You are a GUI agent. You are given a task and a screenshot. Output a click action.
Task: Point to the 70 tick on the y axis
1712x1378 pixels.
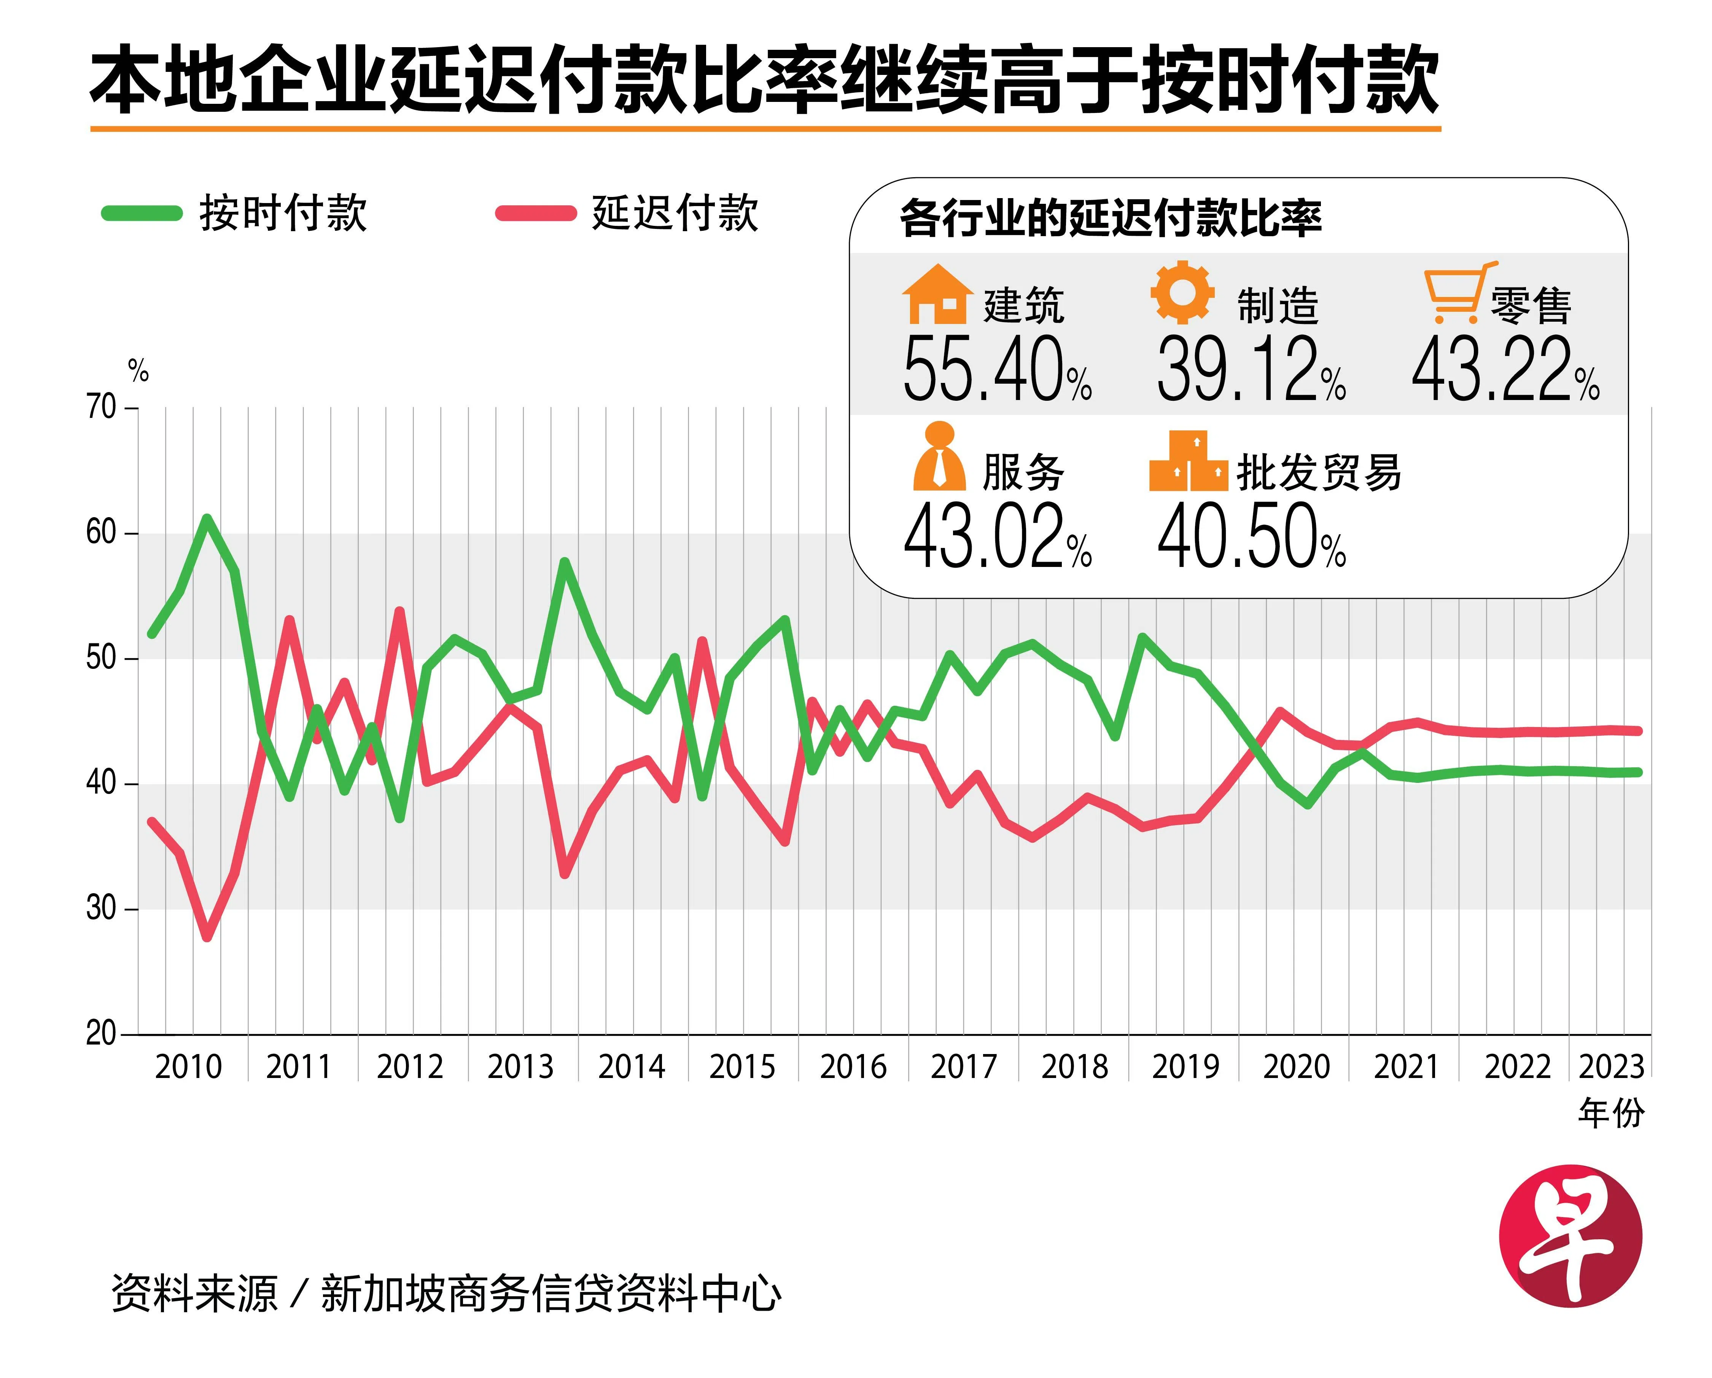(x=102, y=407)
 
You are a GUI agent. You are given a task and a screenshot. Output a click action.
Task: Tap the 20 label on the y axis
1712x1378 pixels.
(x=102, y=1033)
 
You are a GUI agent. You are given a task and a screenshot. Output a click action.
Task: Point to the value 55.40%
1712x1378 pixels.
(x=996, y=369)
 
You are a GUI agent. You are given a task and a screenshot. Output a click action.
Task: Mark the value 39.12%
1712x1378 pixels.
(x=1251, y=369)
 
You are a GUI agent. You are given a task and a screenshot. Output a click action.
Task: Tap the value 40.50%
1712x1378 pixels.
(x=1251, y=537)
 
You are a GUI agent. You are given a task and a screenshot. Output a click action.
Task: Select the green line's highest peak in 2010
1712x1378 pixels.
(x=207, y=519)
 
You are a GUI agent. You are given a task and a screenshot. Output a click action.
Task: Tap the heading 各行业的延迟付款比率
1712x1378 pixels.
(x=1110, y=218)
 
